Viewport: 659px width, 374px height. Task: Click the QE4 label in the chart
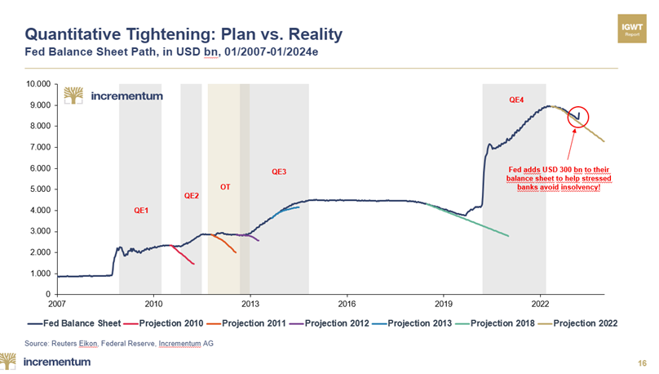pyautogui.click(x=517, y=100)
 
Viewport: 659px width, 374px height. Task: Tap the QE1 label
pyautogui.click(x=141, y=210)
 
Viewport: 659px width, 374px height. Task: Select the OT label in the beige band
pyautogui.click(x=225, y=187)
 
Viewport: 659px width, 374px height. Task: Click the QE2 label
pyautogui.click(x=192, y=195)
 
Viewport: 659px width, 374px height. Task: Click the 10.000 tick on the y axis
pyautogui.click(x=38, y=84)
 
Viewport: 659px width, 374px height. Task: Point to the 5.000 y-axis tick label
pyautogui.click(x=41, y=189)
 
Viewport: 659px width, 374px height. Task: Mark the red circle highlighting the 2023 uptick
pyautogui.click(x=579, y=118)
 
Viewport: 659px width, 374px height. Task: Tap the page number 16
pyautogui.click(x=642, y=362)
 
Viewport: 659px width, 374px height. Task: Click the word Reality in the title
pyautogui.click(x=312, y=34)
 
